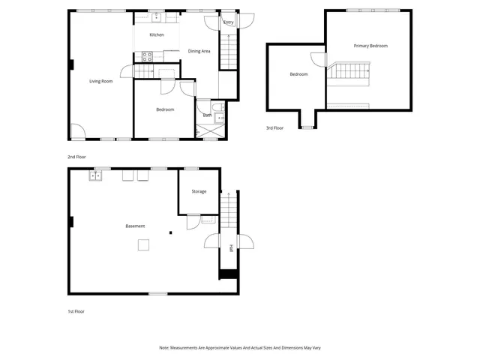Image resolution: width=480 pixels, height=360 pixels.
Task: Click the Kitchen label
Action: (157, 35)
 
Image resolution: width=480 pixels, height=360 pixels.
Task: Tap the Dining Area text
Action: (199, 51)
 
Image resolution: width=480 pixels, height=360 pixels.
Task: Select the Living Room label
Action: (101, 81)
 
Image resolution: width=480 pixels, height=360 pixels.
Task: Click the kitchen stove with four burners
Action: (147, 55)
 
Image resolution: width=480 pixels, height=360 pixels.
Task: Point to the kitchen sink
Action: (157, 16)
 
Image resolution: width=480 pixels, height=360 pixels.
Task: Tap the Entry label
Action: (229, 23)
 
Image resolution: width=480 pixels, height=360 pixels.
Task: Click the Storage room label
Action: (199, 191)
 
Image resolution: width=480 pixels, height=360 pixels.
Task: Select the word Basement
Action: (135, 226)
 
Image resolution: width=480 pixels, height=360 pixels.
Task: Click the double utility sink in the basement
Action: (96, 176)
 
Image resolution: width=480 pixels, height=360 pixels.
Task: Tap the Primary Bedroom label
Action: (370, 46)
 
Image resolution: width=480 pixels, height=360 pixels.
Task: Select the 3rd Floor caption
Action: (274, 128)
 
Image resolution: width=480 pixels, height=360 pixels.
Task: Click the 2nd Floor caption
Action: (77, 157)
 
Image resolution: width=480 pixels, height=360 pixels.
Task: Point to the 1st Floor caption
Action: (76, 310)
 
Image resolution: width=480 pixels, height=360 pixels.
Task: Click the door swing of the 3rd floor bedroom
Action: (318, 59)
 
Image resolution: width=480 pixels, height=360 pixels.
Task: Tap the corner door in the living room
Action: (77, 132)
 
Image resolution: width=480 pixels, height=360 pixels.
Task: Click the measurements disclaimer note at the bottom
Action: (239, 348)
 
